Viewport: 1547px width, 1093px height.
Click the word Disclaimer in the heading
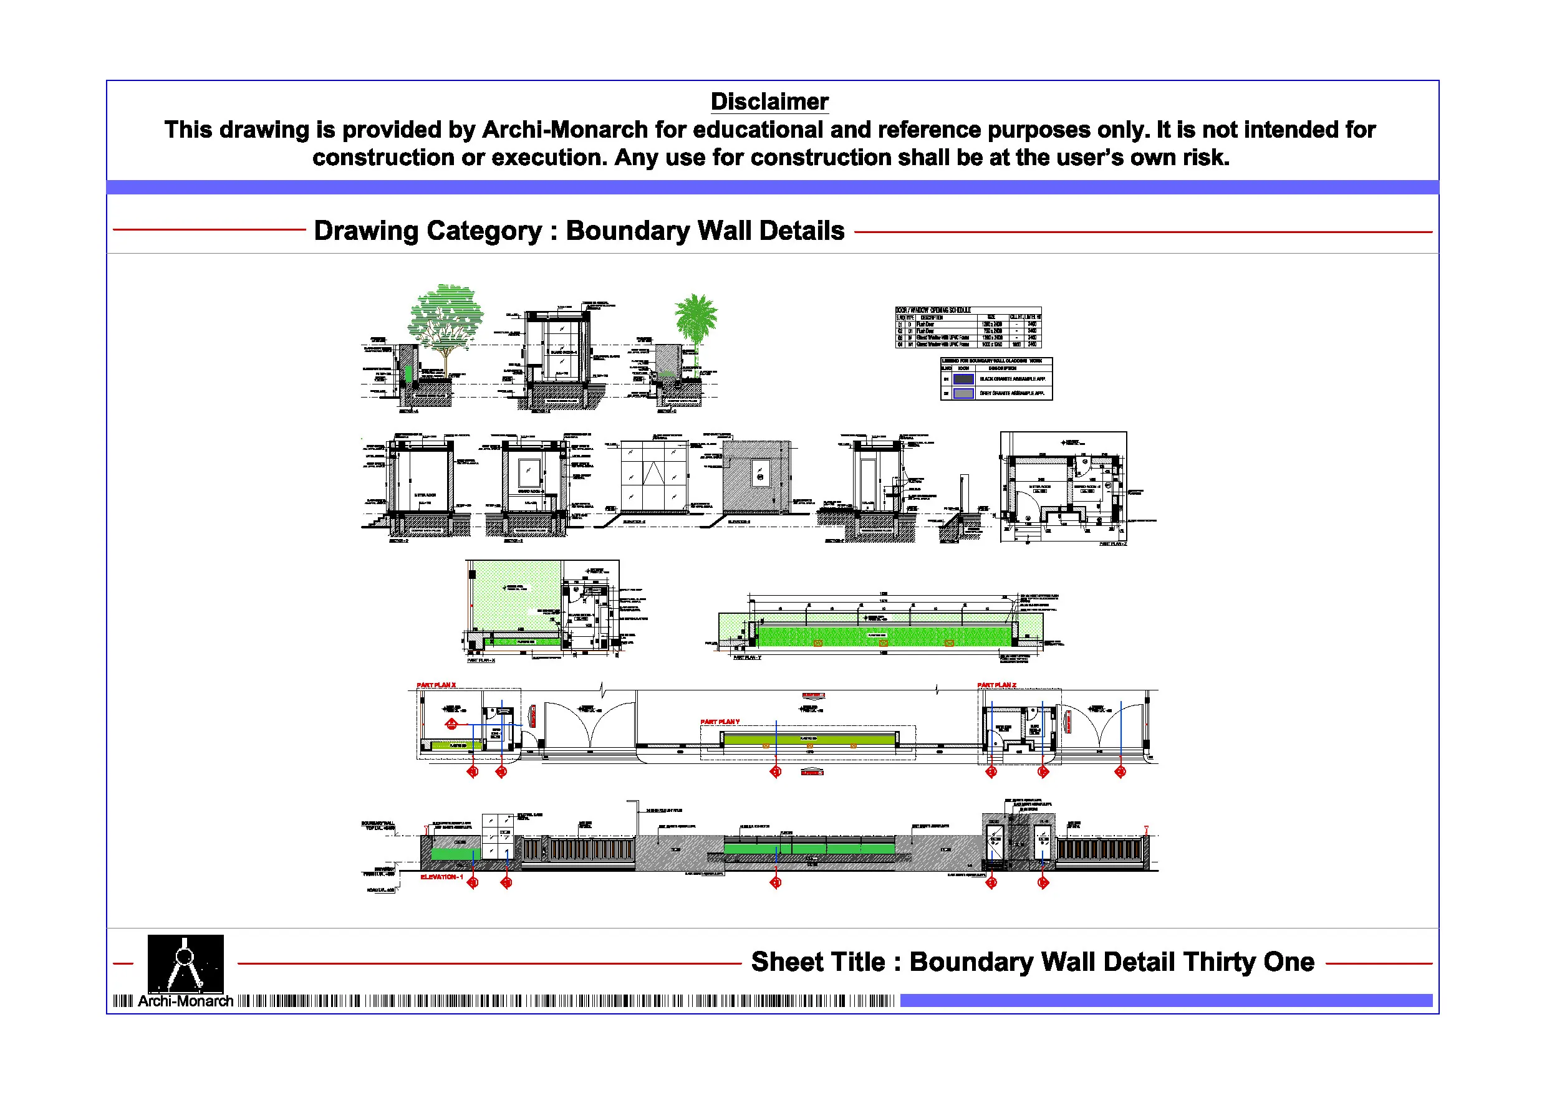coord(769,102)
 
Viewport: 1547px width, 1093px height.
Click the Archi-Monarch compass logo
coord(185,962)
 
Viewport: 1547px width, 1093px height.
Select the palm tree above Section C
coord(696,320)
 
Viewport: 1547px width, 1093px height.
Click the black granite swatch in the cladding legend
coord(963,379)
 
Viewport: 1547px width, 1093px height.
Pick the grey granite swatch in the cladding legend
coord(963,393)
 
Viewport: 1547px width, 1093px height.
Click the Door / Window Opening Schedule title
coord(933,310)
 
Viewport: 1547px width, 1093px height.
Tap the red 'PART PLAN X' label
coord(436,685)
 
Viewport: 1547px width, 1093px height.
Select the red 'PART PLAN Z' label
coord(996,685)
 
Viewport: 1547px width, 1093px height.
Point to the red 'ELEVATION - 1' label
coord(441,877)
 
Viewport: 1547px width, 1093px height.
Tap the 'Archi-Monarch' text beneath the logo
coord(185,1001)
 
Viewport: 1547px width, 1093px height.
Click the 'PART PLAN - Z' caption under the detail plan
coord(1112,543)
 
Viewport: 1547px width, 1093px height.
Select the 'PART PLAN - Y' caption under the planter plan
coord(747,657)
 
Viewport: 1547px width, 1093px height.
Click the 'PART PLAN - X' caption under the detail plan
coord(481,660)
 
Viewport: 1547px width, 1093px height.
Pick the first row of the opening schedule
coord(968,325)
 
